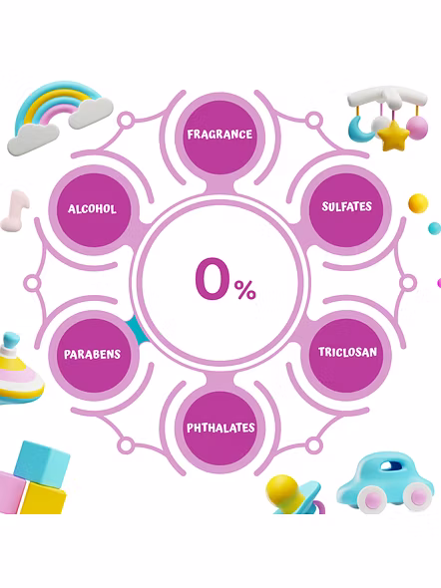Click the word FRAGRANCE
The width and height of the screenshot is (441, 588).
point(220,135)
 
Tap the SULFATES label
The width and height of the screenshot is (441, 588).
point(347,206)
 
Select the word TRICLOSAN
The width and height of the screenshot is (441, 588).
point(347,352)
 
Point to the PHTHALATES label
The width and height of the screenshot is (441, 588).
point(220,428)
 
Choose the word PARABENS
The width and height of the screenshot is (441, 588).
point(93,354)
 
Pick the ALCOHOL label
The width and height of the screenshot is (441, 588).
point(93,208)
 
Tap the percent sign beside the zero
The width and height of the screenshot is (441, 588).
point(245,290)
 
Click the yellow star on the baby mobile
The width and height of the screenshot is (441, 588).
point(393,136)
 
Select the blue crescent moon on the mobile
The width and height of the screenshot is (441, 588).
point(358,129)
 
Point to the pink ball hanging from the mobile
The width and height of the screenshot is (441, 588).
point(417,128)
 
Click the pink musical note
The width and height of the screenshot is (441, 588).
point(15,210)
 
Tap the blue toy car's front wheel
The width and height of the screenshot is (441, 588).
point(370,499)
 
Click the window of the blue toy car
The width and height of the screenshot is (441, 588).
point(392,465)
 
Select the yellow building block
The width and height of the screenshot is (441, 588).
point(43,498)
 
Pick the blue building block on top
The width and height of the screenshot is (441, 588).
point(42,463)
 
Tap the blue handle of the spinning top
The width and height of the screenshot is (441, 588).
point(11,340)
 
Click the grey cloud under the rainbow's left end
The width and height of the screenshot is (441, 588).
point(33,140)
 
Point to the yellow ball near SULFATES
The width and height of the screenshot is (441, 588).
point(418,203)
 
